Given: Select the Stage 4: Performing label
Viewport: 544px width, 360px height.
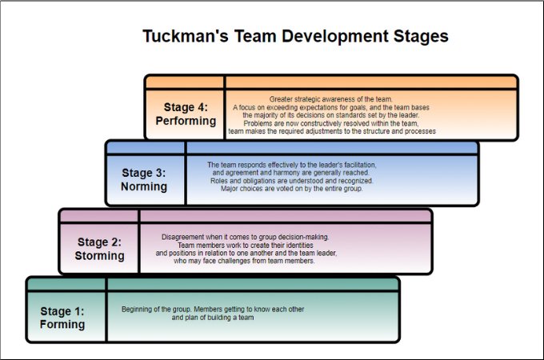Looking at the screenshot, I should point(186,114).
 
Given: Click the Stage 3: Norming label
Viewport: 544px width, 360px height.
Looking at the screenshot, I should point(144,179).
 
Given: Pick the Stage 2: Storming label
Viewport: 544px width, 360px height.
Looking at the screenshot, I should point(100,249).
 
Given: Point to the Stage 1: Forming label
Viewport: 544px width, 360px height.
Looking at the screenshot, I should point(62,318).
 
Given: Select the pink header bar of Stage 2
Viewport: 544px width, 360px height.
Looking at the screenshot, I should point(285,215).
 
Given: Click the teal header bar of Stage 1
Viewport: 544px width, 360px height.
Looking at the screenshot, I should point(252,283).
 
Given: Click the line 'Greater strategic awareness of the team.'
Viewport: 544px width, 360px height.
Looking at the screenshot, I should point(330,99).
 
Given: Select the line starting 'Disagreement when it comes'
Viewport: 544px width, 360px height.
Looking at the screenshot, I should point(246,237).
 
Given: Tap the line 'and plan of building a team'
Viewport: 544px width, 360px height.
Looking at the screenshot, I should point(213,317).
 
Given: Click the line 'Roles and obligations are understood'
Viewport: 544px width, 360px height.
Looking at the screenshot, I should point(292,181).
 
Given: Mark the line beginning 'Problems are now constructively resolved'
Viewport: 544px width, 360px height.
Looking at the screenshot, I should point(330,122).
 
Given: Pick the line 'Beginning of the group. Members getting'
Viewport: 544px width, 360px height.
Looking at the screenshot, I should point(213,309).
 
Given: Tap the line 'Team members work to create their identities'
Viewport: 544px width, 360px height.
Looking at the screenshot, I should point(245,245).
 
